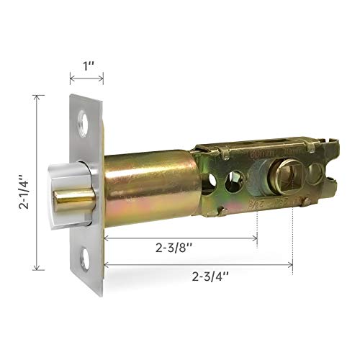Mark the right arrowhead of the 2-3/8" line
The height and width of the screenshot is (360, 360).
pyautogui.click(x=256, y=237)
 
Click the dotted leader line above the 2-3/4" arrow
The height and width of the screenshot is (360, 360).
pyautogui.click(x=293, y=238)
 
